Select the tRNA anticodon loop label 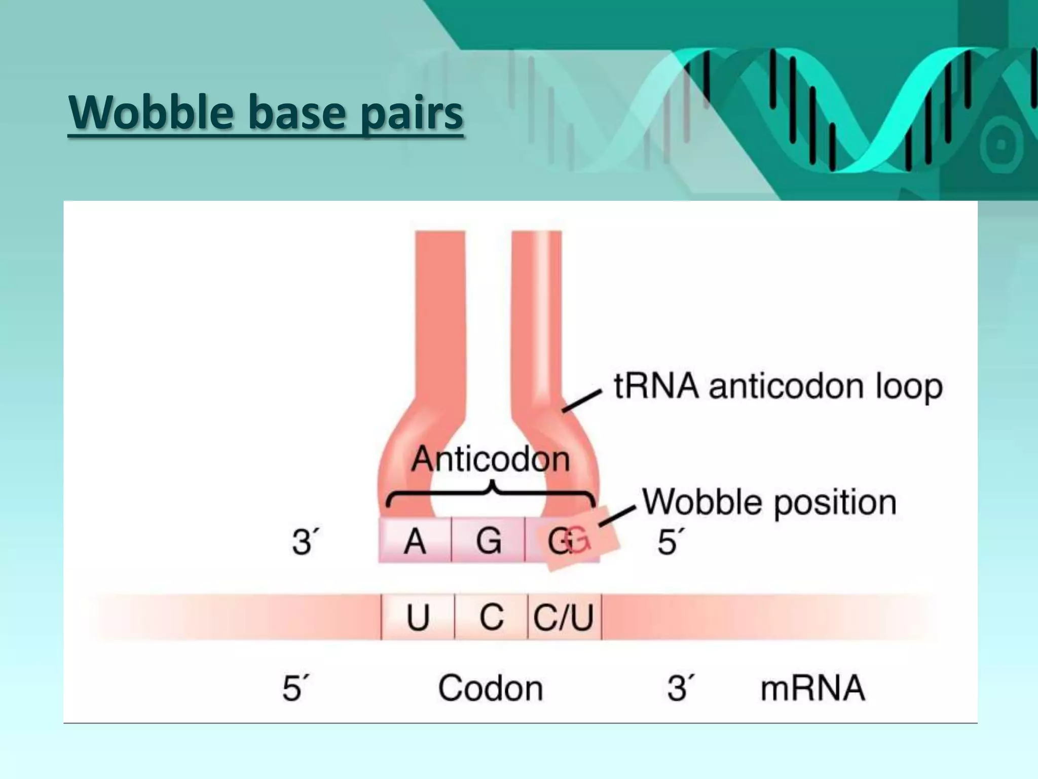pos(778,387)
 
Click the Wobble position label pos(769,503)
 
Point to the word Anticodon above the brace pos(491,459)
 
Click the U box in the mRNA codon pos(418,617)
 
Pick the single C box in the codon pos(491,617)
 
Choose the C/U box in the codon pos(564,617)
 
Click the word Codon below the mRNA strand pos(490,688)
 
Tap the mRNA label pos(812,688)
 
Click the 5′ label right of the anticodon pos(669,542)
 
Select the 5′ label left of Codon pos(294,688)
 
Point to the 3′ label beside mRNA pos(679,688)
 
